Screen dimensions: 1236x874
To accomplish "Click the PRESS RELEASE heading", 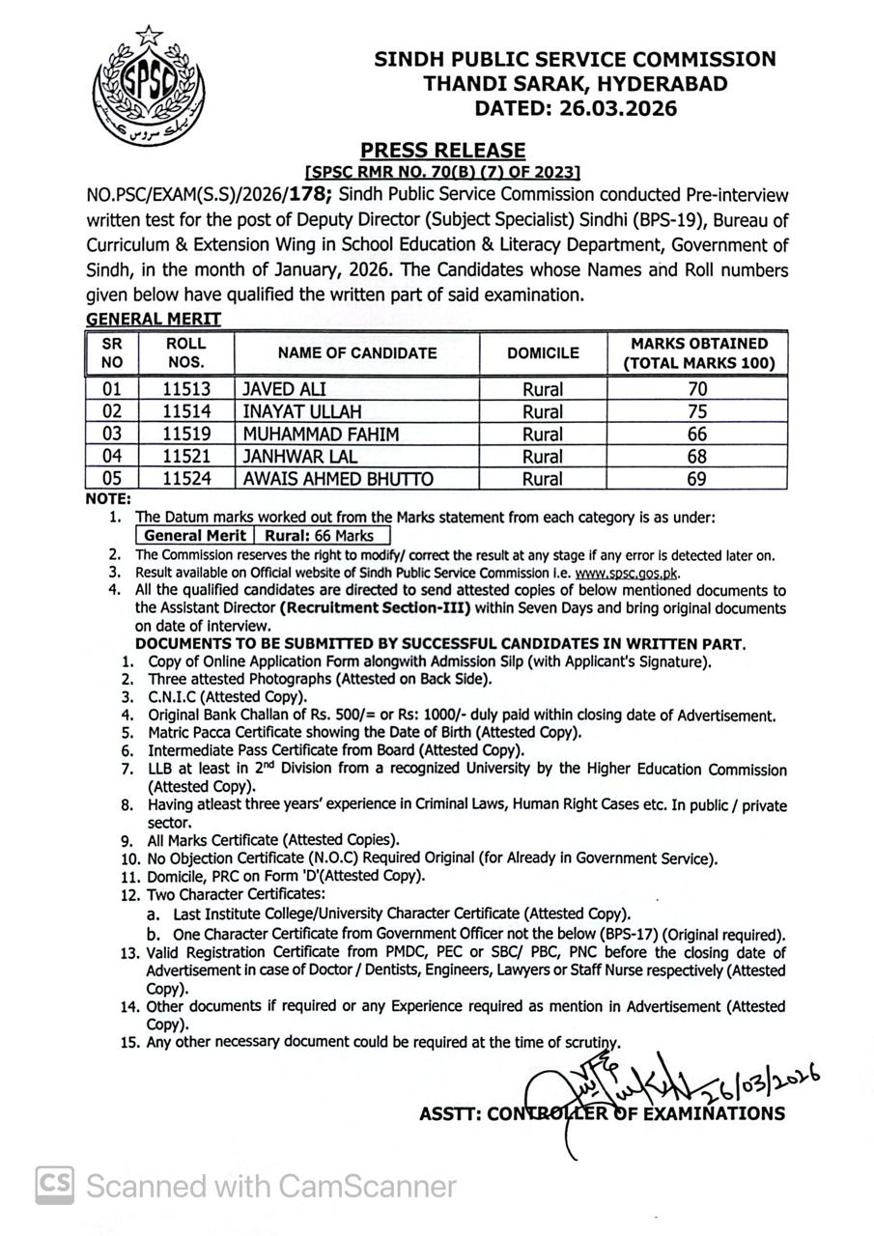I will pos(443,150).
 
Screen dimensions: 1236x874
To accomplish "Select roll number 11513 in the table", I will pos(186,389).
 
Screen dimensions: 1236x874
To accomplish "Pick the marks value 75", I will pos(697,412).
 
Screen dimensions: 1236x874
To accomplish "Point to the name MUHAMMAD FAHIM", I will pos(321,435).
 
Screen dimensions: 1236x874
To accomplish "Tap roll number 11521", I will pos(186,457).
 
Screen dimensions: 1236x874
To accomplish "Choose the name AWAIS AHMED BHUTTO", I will pos(338,479).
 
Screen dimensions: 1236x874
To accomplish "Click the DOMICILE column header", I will pos(543,353).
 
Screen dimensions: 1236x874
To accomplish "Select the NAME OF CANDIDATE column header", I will pos(357,353).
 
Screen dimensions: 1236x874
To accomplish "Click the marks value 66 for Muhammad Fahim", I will pos(697,435).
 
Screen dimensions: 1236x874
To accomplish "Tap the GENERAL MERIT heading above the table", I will pos(154,319).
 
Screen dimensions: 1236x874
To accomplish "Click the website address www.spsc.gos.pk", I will pos(627,573).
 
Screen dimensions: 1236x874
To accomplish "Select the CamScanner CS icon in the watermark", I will pos(55,1185).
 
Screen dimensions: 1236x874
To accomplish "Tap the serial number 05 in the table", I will pos(112,479).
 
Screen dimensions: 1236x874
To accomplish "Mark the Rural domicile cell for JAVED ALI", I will pos(543,389).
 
